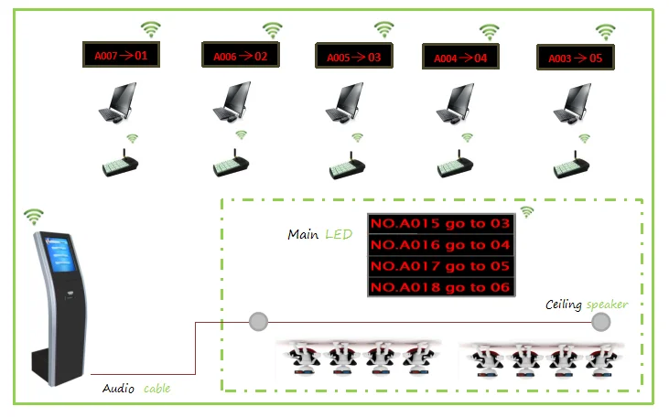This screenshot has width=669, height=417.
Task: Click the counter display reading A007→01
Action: pyautogui.click(x=121, y=56)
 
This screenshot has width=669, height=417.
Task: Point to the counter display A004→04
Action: pyautogui.click(x=461, y=58)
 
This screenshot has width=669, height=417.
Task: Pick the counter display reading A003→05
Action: pyautogui.click(x=576, y=59)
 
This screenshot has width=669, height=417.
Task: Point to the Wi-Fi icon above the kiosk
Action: pyautogui.click(x=34, y=216)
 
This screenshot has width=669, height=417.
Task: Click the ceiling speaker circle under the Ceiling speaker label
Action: pyautogui.click(x=600, y=322)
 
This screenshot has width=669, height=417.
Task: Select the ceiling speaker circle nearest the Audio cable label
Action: pyautogui.click(x=259, y=321)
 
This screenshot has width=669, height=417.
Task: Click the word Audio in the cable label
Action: pyautogui.click(x=120, y=389)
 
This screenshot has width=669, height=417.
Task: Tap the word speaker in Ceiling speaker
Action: pyautogui.click(x=607, y=305)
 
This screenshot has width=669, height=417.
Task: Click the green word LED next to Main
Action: pyautogui.click(x=338, y=235)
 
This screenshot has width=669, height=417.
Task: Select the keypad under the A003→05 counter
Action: pyautogui.click(x=575, y=166)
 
